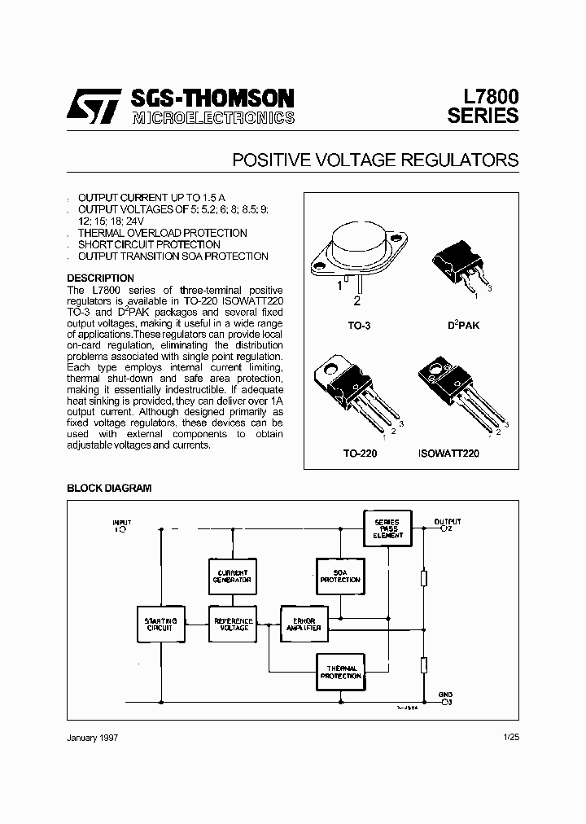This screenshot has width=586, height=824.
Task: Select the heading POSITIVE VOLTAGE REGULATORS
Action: click(375, 160)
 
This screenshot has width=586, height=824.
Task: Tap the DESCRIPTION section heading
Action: click(100, 278)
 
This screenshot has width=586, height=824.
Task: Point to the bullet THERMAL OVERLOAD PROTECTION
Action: click(162, 233)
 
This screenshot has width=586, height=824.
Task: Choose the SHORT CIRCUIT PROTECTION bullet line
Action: click(149, 244)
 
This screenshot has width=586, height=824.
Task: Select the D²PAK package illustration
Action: click(460, 264)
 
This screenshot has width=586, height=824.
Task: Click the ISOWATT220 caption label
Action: click(448, 453)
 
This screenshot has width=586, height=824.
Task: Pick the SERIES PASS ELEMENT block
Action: click(387, 528)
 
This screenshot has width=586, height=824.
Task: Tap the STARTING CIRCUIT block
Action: click(160, 625)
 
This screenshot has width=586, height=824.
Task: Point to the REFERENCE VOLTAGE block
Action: click(234, 625)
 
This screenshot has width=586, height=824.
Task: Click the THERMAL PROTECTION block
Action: click(339, 672)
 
